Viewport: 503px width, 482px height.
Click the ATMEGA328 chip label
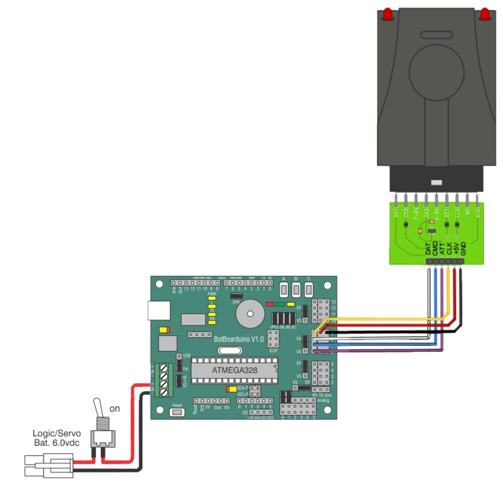click(x=230, y=370)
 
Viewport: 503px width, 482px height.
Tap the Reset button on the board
click(x=177, y=413)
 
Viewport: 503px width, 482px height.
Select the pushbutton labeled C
click(x=308, y=289)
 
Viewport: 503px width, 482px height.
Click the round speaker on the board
click(x=250, y=315)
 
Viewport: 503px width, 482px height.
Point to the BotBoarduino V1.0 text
click(x=238, y=340)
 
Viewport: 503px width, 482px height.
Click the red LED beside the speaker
click(x=270, y=304)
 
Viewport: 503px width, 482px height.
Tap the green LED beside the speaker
click(x=280, y=304)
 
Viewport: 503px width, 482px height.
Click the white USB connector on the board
click(x=158, y=311)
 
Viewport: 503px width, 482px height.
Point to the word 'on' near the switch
click(x=114, y=408)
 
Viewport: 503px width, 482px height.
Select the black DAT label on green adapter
click(x=428, y=249)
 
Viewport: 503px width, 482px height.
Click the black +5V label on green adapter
click(x=456, y=248)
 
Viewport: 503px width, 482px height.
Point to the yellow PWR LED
click(x=212, y=299)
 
